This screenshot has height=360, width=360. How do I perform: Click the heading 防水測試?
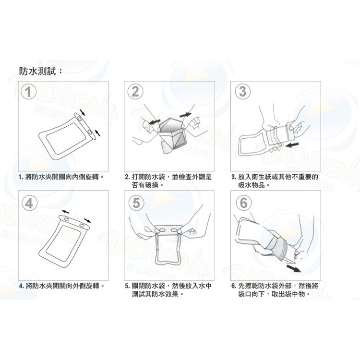[37, 72]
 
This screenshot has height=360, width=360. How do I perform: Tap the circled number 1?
[28, 92]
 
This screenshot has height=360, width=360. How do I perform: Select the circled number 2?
[135, 91]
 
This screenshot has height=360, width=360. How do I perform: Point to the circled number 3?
[243, 91]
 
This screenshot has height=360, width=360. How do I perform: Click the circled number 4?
[29, 203]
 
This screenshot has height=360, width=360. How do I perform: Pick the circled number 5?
[136, 203]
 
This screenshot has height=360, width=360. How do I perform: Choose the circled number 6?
[243, 203]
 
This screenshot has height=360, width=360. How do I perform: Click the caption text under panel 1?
[61, 177]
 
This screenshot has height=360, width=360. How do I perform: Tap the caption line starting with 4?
[61, 286]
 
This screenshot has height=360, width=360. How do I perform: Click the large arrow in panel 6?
[294, 268]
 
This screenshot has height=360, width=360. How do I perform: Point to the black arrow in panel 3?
[292, 145]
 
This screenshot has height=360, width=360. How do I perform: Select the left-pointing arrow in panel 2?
[155, 121]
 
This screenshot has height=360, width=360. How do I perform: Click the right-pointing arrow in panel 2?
[185, 115]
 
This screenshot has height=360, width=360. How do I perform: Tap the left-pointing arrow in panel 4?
[66, 212]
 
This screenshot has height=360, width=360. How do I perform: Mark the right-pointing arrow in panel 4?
[87, 221]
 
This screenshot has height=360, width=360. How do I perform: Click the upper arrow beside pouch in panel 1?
[83, 112]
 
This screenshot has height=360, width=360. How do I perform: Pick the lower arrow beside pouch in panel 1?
[97, 132]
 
